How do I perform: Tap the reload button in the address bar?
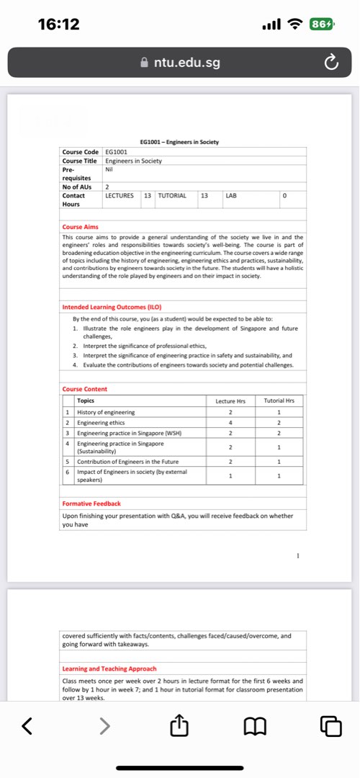click(330, 63)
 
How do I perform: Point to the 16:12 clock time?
click(59, 24)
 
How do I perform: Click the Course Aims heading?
click(81, 227)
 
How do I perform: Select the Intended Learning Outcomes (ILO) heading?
click(111, 308)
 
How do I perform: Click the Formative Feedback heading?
click(91, 504)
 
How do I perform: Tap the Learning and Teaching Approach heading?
click(109, 669)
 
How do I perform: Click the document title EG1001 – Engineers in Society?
click(179, 142)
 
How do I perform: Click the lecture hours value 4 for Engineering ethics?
click(230, 422)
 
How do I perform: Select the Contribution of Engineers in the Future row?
click(122, 460)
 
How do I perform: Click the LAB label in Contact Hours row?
click(231, 195)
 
